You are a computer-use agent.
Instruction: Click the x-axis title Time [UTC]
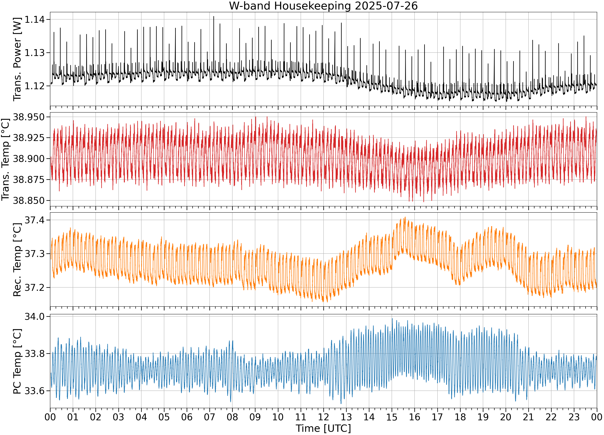(323, 428)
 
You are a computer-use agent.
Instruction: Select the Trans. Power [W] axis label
(17, 59)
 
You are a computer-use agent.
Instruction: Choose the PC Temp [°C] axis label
(17, 361)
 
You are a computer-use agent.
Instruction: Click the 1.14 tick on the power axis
(35, 20)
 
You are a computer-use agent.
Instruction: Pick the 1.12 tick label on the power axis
(35, 86)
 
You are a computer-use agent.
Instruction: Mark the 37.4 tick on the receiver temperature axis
(35, 220)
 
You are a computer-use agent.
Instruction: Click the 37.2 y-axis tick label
(35, 287)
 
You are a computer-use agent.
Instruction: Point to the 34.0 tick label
(35, 316)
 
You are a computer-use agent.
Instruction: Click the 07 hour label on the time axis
(210, 417)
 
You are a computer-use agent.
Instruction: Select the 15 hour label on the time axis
(392, 417)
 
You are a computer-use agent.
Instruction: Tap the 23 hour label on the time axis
(574, 417)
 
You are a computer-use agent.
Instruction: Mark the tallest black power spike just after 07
(214, 17)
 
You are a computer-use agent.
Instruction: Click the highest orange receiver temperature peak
(405, 217)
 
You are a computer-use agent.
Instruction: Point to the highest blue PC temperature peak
(392, 319)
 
